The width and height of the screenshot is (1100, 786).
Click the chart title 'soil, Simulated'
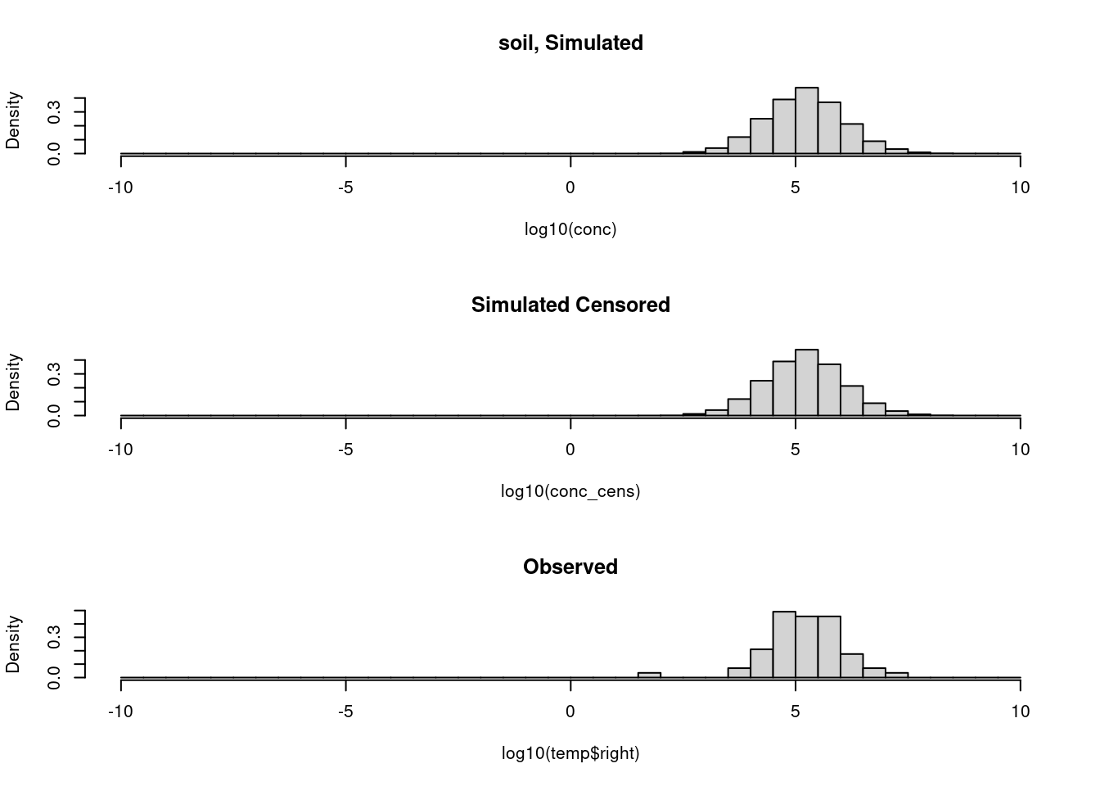coord(570,43)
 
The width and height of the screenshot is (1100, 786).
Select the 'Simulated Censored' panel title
coord(570,305)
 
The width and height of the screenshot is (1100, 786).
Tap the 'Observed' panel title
coord(570,567)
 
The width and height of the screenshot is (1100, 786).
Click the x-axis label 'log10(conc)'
coord(570,229)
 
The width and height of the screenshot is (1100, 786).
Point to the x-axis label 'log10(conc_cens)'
coord(570,491)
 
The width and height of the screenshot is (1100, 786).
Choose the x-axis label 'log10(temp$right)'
coord(570,753)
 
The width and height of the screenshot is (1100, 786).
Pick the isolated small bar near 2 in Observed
coord(649,675)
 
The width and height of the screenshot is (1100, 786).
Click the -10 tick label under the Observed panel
coord(120,711)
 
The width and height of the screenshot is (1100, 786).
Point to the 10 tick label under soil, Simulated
coord(1020,187)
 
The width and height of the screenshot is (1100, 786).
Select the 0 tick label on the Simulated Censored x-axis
coord(570,449)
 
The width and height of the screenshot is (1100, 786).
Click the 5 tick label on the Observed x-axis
coord(796,711)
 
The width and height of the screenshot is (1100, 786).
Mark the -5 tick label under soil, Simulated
coord(345,187)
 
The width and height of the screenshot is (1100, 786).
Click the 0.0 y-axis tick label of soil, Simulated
coord(55,154)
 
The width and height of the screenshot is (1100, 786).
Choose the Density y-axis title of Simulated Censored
coord(13,382)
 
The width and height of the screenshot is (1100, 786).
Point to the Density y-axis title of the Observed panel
coord(13,644)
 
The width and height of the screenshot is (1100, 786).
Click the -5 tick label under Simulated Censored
coord(345,449)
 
